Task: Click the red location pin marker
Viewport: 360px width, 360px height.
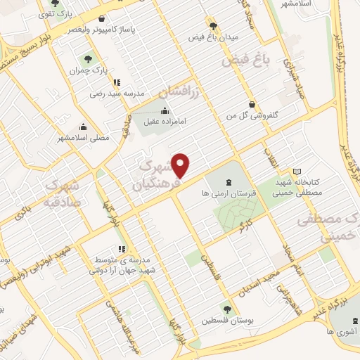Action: [181, 165]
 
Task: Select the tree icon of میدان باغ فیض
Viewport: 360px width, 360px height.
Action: [211, 23]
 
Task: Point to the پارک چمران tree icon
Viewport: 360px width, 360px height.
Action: [87, 59]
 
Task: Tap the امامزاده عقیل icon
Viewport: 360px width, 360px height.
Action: [165, 110]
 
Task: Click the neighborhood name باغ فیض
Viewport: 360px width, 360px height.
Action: [247, 61]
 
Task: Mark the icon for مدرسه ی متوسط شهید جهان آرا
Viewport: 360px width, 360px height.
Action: [121, 249]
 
